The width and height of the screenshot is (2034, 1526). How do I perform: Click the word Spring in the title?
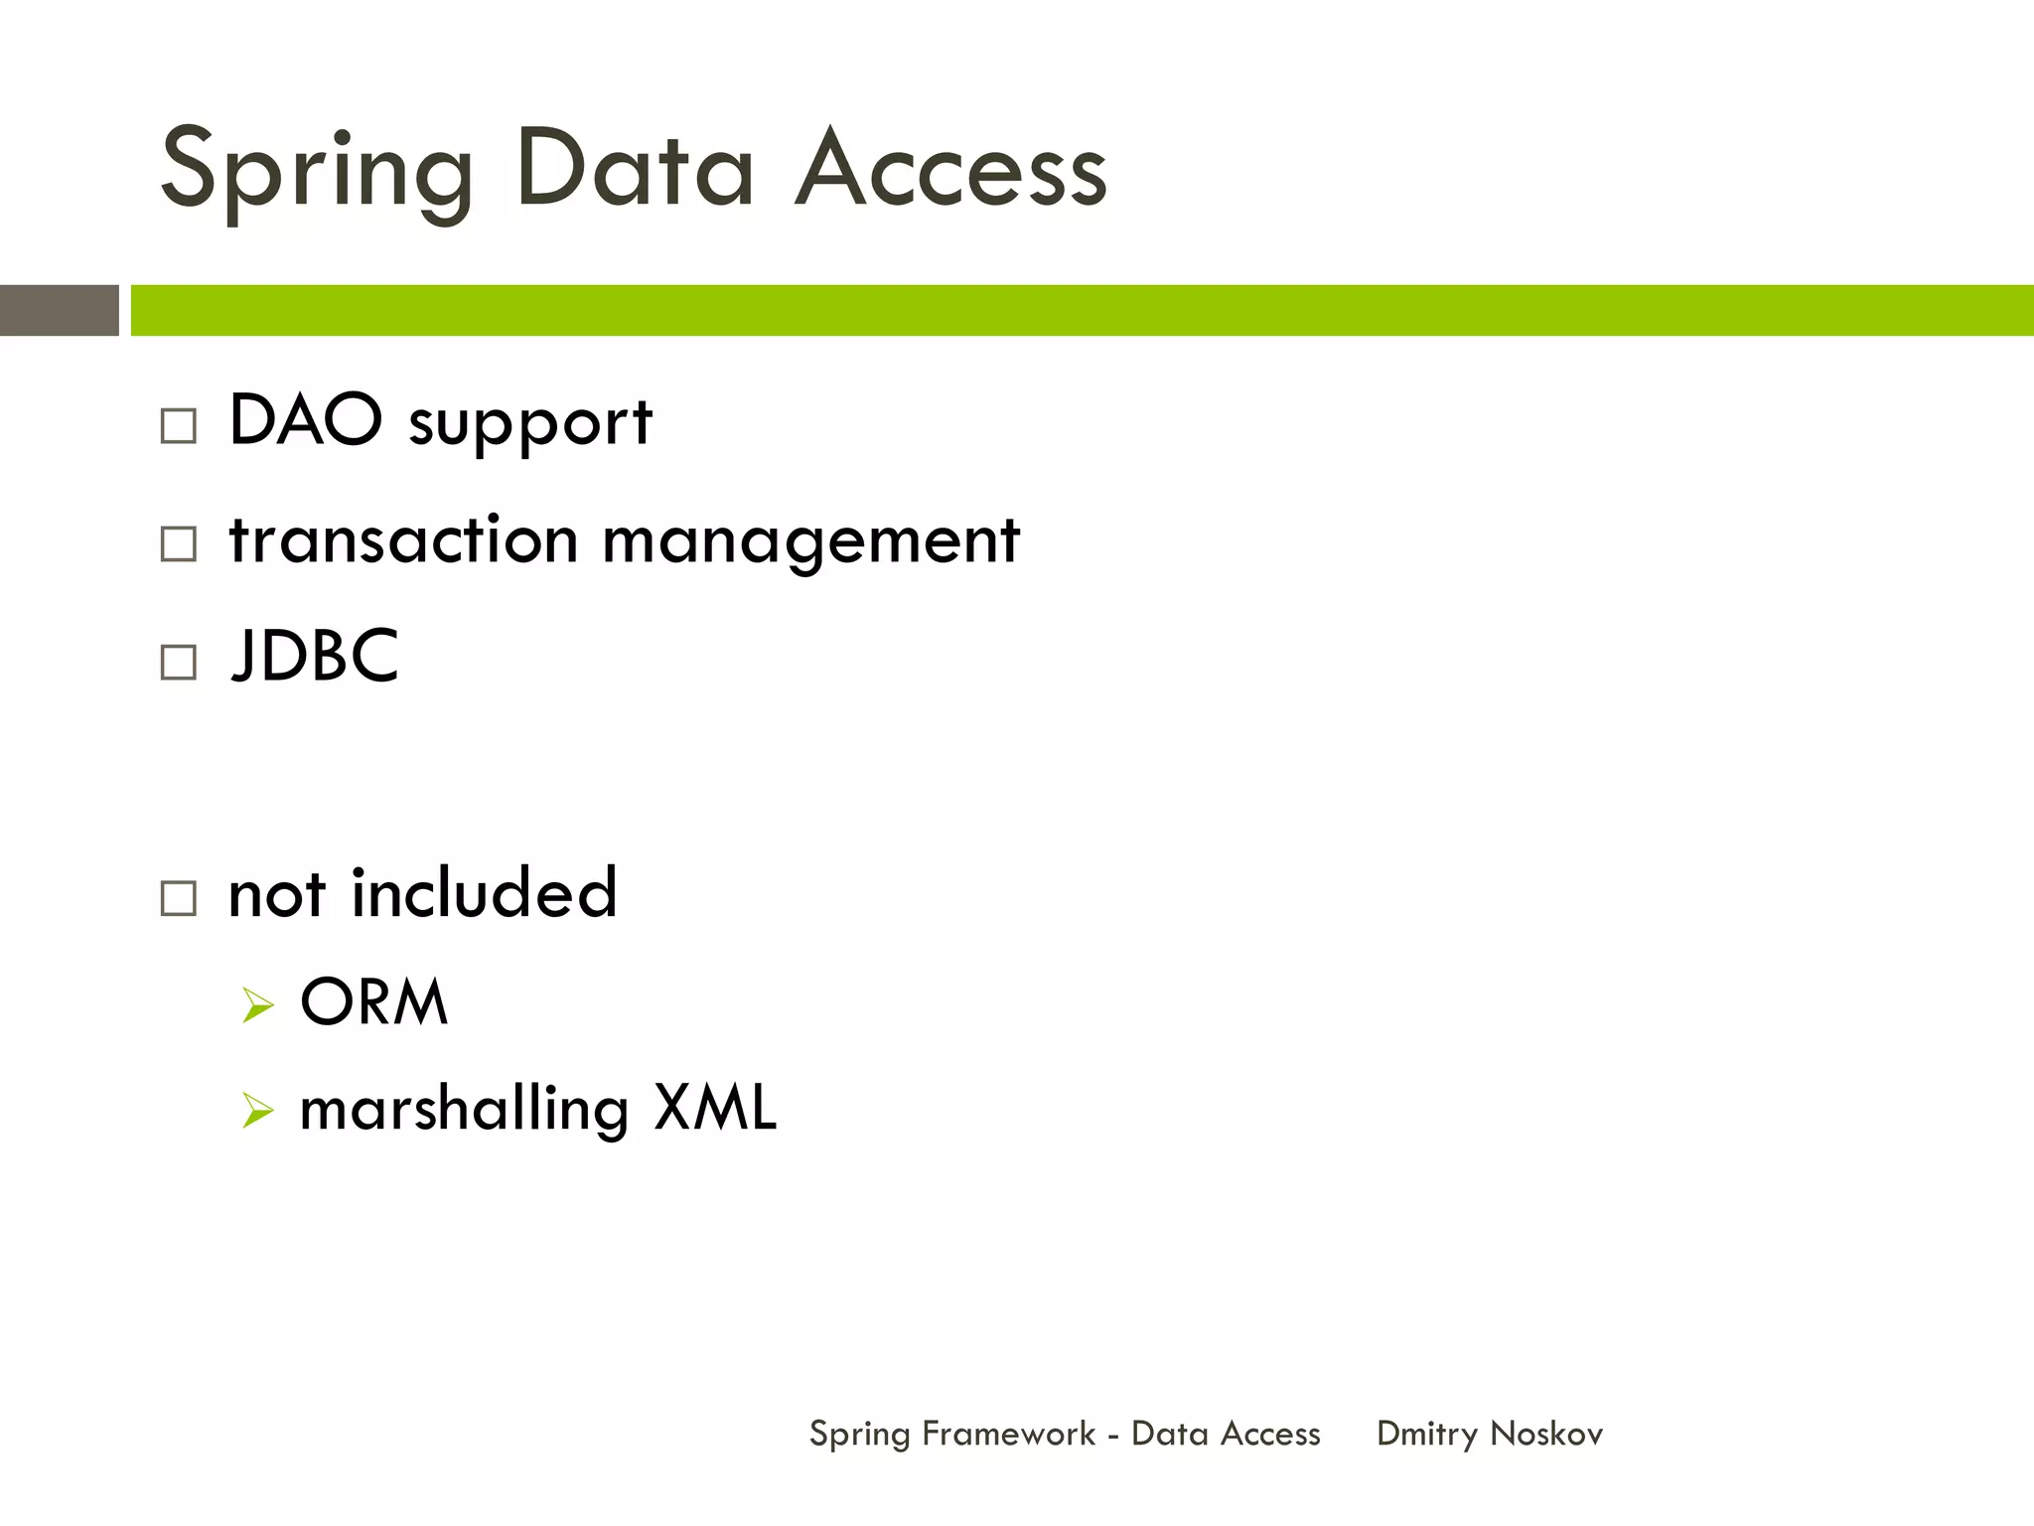point(316,171)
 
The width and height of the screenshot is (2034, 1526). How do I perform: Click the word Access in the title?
point(950,171)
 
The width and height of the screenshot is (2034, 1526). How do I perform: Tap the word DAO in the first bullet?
point(305,420)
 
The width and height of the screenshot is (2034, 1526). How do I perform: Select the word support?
point(530,425)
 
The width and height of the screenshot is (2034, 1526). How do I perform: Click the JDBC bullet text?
point(314,656)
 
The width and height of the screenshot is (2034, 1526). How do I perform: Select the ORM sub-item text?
point(374,1001)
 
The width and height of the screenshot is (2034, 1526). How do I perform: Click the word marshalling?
point(464,1110)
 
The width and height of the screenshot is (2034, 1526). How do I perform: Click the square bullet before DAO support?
point(179,426)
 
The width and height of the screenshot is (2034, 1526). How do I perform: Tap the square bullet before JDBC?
point(179,662)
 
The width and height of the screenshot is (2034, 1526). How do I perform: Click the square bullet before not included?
point(179,898)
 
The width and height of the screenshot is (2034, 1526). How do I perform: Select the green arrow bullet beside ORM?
point(257,1005)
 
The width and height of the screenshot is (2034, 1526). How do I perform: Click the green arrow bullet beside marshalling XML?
point(257,1111)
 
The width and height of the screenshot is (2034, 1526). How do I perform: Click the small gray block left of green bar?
point(59,310)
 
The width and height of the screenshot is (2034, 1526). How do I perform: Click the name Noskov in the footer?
point(1546,1434)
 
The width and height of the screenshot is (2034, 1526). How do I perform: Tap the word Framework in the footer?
point(1008,1434)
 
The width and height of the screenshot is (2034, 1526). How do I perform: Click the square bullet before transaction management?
point(179,543)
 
